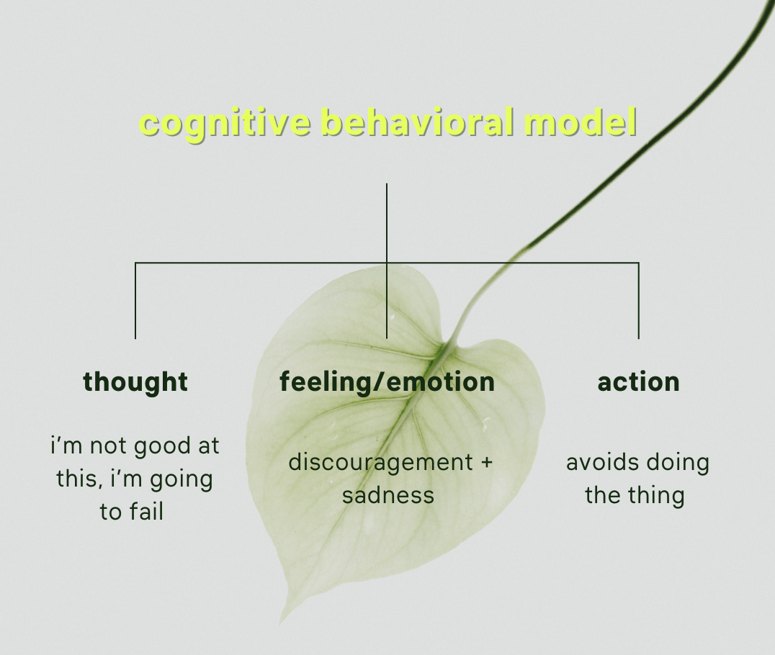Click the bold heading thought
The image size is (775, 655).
click(x=135, y=381)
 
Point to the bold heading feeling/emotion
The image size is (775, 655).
click(x=387, y=381)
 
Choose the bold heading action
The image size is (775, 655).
click(x=638, y=381)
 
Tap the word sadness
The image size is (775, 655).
click(x=387, y=495)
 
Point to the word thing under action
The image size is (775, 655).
click(x=656, y=495)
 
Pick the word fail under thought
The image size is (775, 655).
click(x=147, y=512)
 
